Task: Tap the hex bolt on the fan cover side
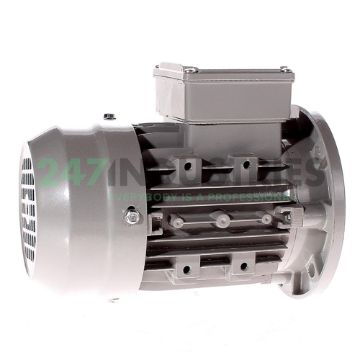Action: (131, 215)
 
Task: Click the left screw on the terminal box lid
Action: (191, 70)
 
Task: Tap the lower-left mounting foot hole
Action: (186, 269)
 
